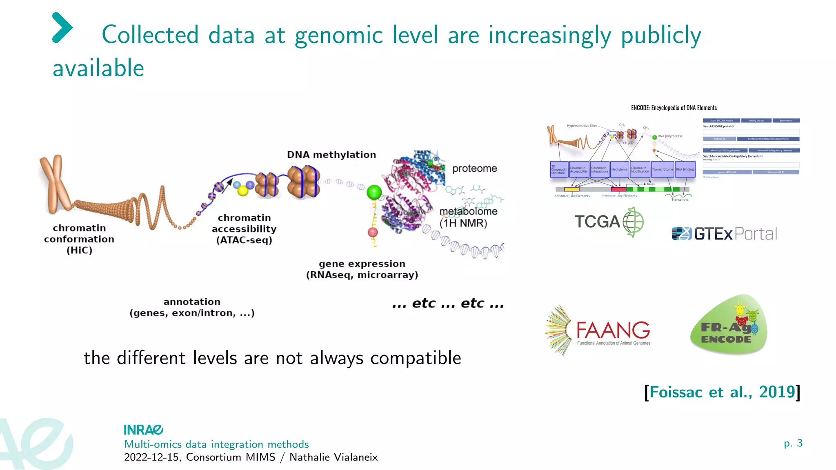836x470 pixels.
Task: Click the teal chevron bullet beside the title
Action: (62, 28)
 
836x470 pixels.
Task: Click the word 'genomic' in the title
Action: (338, 35)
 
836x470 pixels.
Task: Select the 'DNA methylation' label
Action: (331, 155)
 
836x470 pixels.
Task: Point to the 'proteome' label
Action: (474, 168)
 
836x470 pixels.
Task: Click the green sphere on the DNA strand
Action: (374, 192)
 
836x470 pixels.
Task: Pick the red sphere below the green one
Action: (373, 232)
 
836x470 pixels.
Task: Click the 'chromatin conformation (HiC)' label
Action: (79, 239)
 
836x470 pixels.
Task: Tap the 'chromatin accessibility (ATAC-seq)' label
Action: (244, 229)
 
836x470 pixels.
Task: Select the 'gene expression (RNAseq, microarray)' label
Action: (362, 269)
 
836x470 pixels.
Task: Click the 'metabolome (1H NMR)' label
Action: (468, 217)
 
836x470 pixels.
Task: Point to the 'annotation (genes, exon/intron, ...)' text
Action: (192, 307)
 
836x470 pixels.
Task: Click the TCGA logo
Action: (609, 222)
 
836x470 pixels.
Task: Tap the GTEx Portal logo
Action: (724, 233)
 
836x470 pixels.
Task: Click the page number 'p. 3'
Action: (793, 443)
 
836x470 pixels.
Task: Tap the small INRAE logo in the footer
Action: (143, 430)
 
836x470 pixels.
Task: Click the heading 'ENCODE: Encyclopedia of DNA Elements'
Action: (674, 108)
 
